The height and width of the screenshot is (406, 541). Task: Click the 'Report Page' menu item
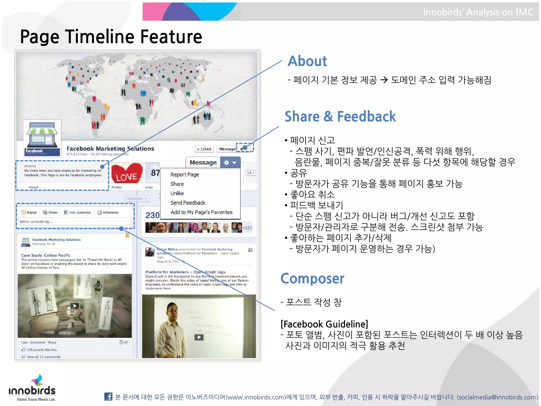click(x=184, y=174)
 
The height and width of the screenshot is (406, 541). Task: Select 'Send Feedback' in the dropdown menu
click(x=188, y=203)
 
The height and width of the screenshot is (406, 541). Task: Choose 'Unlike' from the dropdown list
click(x=177, y=193)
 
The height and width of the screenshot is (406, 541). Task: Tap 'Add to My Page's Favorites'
click(x=201, y=212)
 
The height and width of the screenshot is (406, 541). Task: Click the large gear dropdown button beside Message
click(x=230, y=163)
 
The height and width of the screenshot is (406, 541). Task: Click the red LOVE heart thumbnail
click(x=127, y=173)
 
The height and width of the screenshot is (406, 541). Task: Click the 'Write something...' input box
click(x=75, y=222)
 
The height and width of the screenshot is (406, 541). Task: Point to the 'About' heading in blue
click(x=307, y=61)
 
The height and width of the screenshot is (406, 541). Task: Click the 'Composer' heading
click(x=312, y=279)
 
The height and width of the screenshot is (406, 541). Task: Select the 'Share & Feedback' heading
click(x=340, y=117)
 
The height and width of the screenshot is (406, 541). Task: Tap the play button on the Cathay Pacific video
click(x=75, y=306)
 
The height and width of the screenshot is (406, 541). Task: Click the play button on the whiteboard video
click(x=199, y=337)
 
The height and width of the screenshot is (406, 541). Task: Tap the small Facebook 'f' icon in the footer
click(x=108, y=396)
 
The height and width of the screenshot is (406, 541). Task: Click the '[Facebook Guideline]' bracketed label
click(x=324, y=324)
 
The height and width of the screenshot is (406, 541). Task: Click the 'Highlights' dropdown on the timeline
click(x=137, y=199)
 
